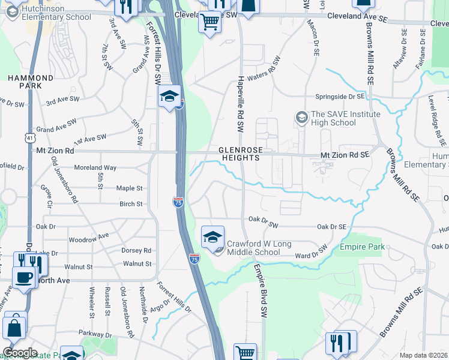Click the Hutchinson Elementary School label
click(56, 13)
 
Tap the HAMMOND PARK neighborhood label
click(25, 82)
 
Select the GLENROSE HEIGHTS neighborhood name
click(239, 154)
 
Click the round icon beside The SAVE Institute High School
click(302, 115)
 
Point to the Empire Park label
click(362, 247)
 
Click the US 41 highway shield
click(29, 137)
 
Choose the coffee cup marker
click(25, 278)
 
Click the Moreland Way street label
click(95, 168)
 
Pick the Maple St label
click(129, 188)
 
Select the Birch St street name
click(131, 204)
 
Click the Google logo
click(20, 353)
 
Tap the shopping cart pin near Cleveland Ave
click(209, 22)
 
